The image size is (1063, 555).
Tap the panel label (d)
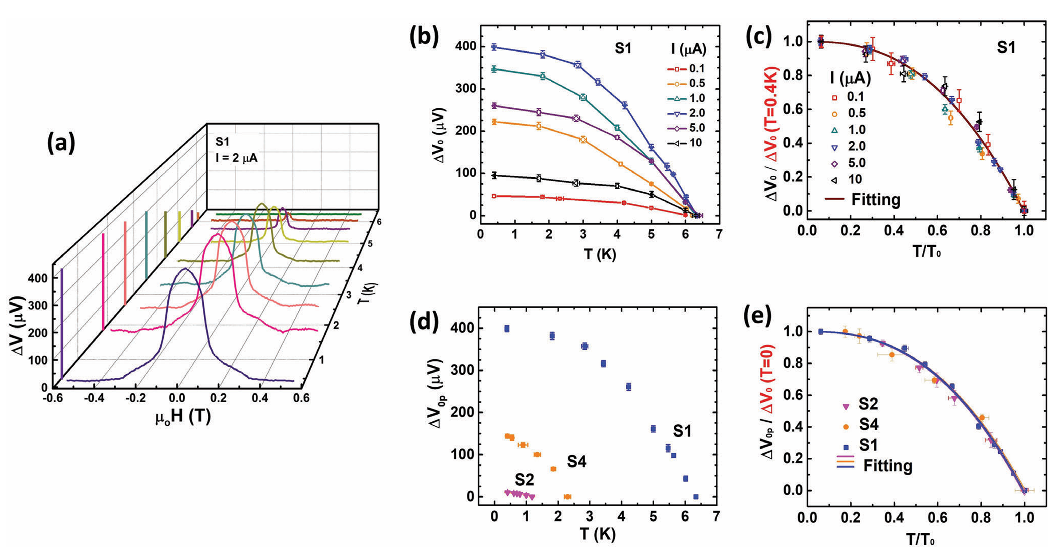tap(423, 321)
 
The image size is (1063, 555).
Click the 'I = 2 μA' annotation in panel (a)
tap(237, 157)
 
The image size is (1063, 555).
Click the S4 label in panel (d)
tap(576, 462)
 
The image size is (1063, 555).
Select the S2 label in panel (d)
tap(524, 480)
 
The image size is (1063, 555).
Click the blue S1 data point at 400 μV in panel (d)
tap(506, 329)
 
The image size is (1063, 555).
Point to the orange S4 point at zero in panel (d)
tap(567, 496)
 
